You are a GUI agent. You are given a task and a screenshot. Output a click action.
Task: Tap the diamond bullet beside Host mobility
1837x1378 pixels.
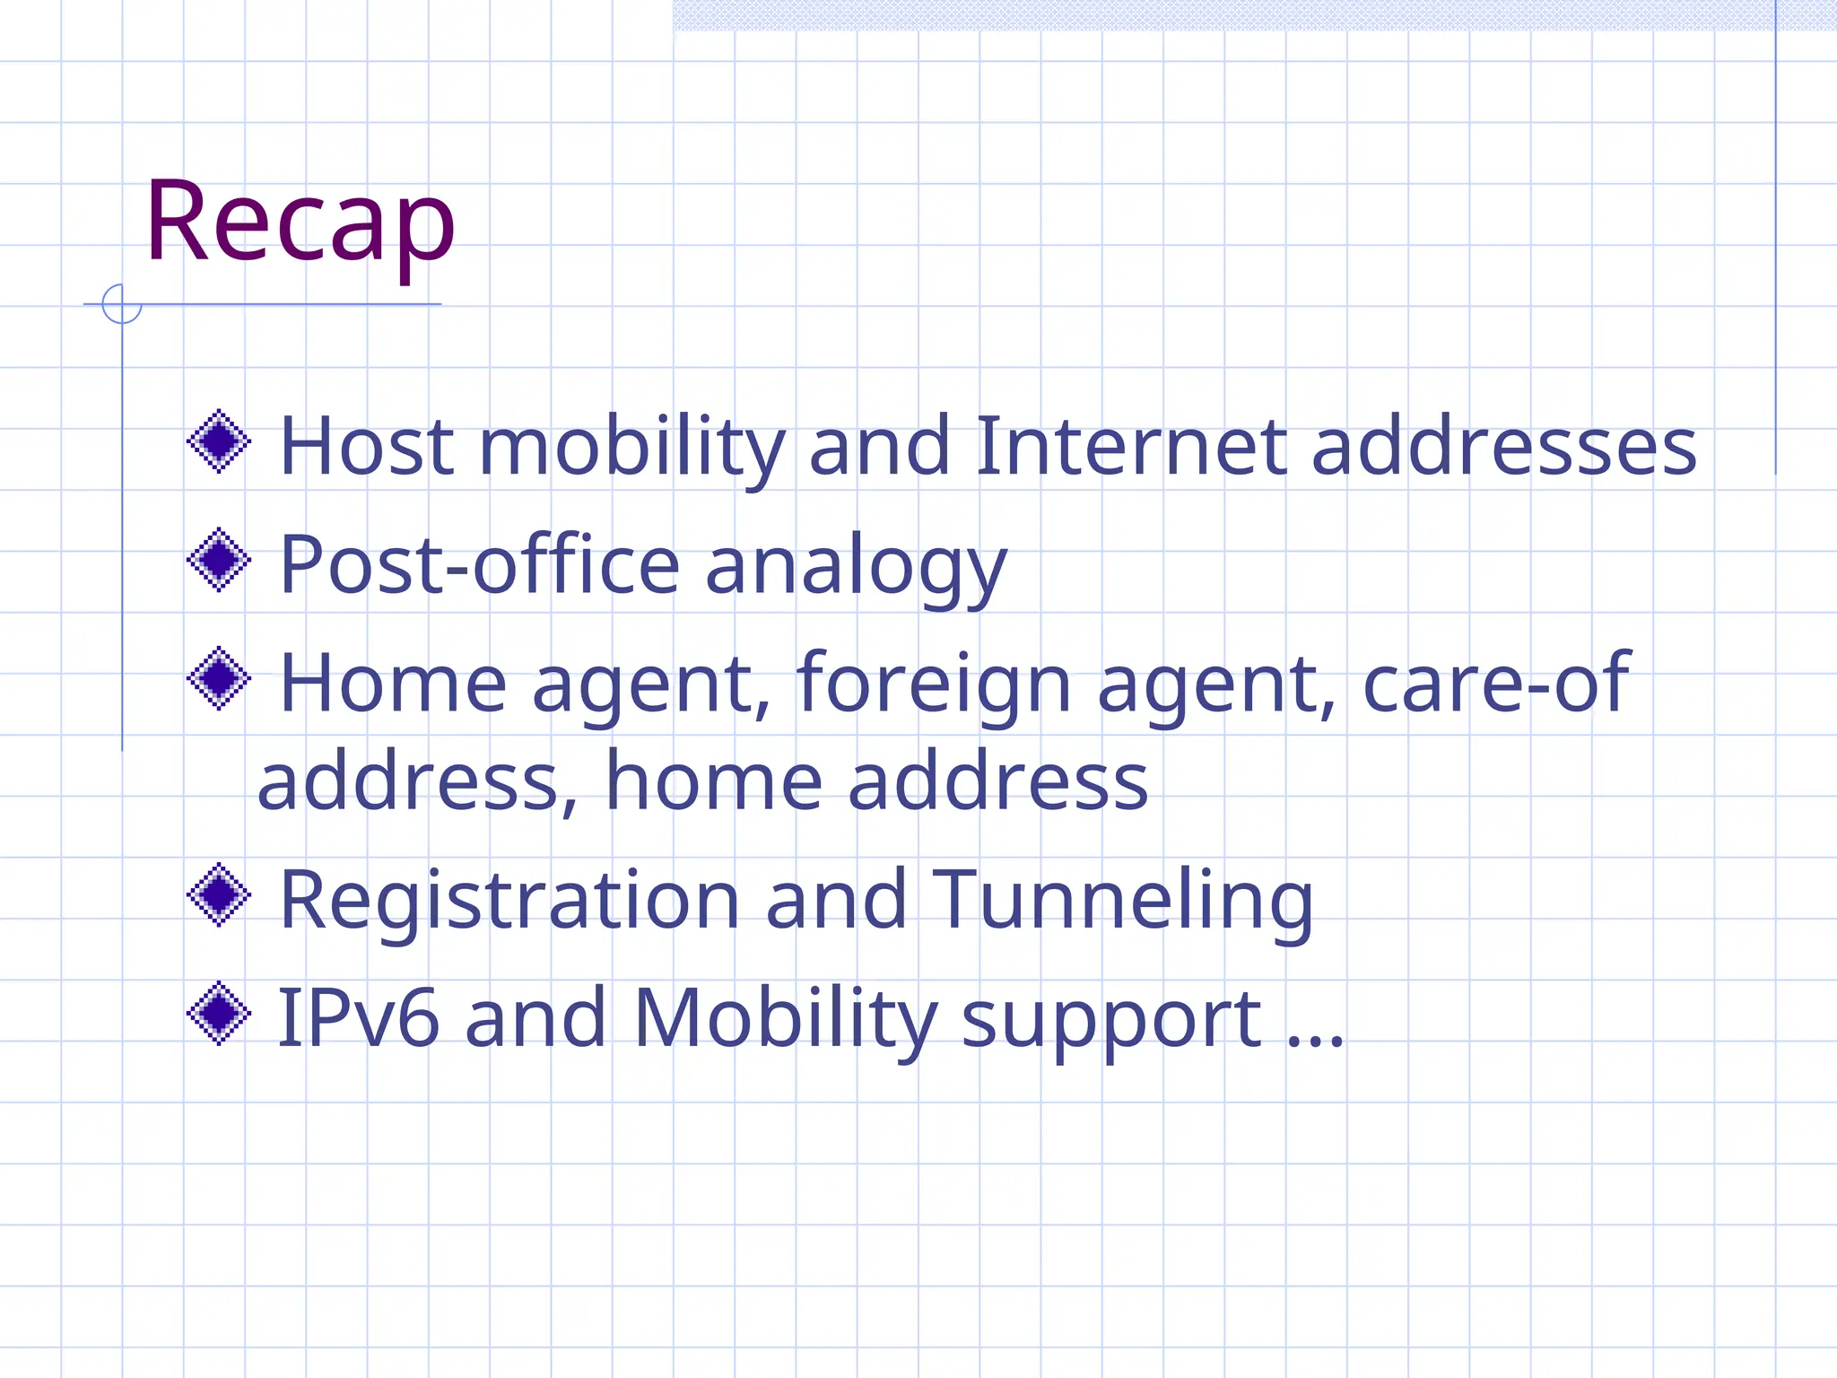click(219, 441)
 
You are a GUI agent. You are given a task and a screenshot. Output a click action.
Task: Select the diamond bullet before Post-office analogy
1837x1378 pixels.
click(219, 561)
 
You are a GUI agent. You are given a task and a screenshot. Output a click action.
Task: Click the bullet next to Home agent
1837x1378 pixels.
click(219, 679)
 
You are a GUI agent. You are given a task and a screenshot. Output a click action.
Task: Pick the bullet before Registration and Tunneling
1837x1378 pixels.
click(219, 894)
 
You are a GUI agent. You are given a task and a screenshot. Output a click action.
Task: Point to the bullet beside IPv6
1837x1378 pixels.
click(219, 1014)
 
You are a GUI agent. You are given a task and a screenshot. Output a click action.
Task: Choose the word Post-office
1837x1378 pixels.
click(480, 565)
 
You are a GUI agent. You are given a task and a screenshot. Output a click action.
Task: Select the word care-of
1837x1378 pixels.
click(1495, 684)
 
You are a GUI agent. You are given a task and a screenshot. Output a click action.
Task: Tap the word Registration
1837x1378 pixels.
click(509, 901)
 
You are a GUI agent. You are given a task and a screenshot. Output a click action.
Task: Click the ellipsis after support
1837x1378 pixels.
click(1315, 1041)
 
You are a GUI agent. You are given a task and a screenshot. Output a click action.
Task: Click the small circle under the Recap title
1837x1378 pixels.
click(122, 304)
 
